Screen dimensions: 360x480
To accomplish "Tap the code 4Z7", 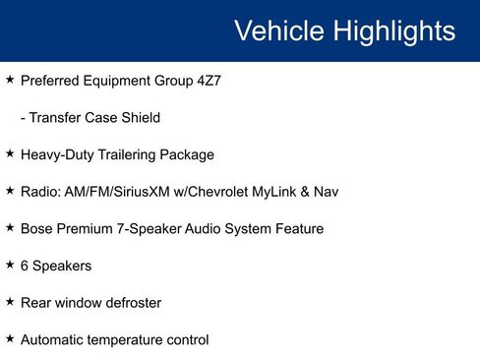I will click(x=207, y=80).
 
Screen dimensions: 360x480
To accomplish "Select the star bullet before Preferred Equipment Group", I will click(x=10, y=79).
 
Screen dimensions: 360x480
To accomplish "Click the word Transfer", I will click(x=56, y=117).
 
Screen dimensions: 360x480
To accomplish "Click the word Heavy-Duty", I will click(x=55, y=154).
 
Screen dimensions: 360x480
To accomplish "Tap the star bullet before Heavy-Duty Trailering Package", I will click(x=10, y=153).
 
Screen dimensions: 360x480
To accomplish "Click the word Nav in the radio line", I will click(x=326, y=192).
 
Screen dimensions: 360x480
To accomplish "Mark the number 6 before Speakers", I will click(x=25, y=266).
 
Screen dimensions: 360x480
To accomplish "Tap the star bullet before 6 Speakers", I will click(x=10, y=265).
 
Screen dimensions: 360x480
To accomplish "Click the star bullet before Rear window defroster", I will click(x=10, y=302).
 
